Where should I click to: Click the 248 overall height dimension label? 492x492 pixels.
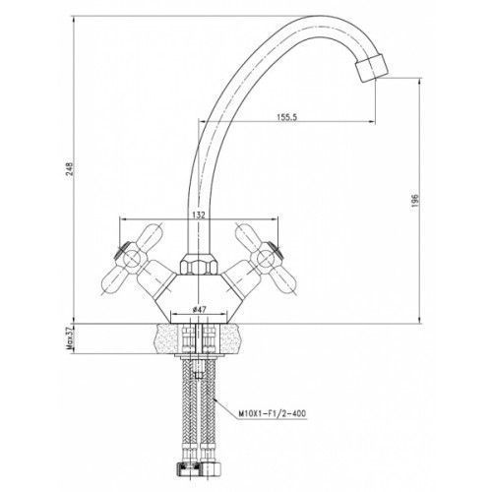[70, 169]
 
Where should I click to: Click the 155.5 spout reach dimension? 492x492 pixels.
[286, 117]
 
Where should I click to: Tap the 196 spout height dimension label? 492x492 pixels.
[415, 200]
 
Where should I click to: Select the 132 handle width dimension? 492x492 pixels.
[199, 215]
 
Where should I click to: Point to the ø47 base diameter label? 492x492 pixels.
[199, 309]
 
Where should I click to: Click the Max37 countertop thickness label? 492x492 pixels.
[70, 338]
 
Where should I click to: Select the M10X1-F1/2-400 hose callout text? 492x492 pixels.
[273, 413]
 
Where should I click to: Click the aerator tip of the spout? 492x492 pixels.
[372, 68]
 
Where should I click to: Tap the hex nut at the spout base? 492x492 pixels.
[199, 263]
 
